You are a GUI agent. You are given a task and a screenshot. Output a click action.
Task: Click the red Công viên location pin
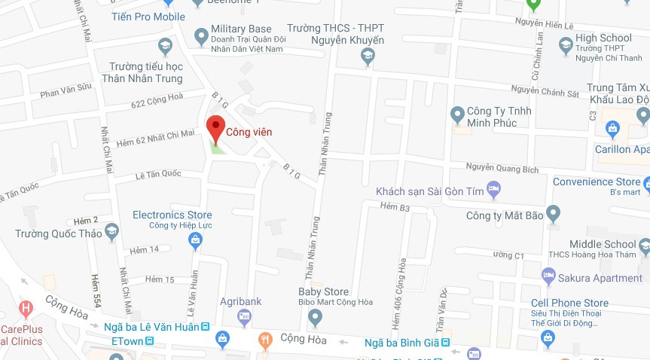(x=216, y=127)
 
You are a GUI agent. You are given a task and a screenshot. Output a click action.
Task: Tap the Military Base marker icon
(x=201, y=35)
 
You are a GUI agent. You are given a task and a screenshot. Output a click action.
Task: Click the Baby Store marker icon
(x=315, y=317)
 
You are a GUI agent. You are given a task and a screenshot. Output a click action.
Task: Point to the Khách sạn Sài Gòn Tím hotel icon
(x=494, y=188)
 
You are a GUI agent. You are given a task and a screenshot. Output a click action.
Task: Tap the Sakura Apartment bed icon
(x=548, y=276)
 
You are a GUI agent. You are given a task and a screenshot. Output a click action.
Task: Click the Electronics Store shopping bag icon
(x=195, y=239)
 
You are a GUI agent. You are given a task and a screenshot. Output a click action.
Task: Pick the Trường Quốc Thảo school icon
(x=111, y=230)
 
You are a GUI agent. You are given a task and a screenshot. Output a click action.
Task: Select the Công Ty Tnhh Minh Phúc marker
(x=456, y=115)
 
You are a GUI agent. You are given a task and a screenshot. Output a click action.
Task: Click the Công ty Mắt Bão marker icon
(x=554, y=214)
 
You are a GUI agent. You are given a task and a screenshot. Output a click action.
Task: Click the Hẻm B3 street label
(x=395, y=206)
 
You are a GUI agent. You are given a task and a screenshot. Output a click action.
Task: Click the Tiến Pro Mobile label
(x=148, y=16)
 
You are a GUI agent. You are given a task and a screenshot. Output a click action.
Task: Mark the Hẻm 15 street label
(x=160, y=279)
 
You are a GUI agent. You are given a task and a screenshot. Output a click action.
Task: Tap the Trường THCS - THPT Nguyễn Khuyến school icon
(x=367, y=54)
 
